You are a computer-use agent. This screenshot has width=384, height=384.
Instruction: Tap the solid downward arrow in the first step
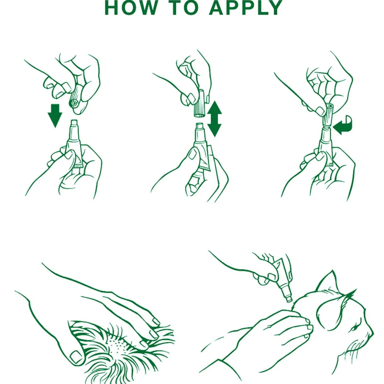(x=55, y=115)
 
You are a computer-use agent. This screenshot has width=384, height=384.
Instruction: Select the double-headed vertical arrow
(x=214, y=119)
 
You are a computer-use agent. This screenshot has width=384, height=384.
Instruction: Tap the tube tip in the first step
(x=74, y=123)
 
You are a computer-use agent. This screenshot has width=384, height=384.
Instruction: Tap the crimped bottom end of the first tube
(x=78, y=166)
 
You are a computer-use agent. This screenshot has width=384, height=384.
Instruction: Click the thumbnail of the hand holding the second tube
(x=193, y=154)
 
